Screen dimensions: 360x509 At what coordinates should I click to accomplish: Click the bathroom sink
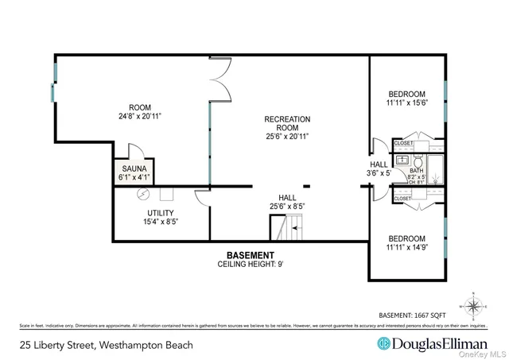click(402, 158)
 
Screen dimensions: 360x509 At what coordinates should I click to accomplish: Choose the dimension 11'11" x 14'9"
click(406, 248)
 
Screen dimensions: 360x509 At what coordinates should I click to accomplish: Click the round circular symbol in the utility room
click(145, 194)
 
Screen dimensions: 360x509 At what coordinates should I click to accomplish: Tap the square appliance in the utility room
click(169, 193)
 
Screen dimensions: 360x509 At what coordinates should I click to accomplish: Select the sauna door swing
click(136, 151)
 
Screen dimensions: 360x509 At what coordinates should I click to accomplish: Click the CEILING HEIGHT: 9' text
click(251, 265)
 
